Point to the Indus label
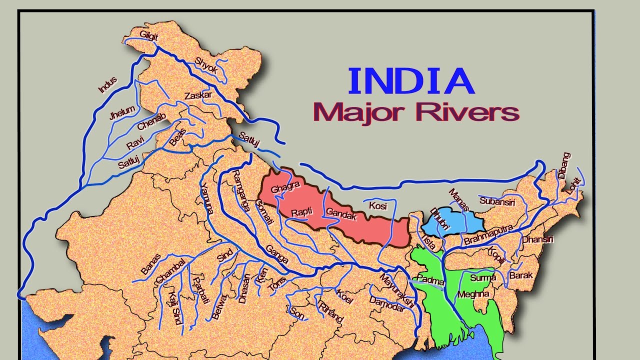[107, 84]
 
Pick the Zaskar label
[198, 95]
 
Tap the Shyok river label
[206, 65]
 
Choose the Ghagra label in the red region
[285, 188]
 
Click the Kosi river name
[378, 205]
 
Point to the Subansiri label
[496, 201]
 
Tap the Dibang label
[563, 165]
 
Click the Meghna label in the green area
[473, 294]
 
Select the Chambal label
[171, 270]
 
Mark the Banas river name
[151, 264]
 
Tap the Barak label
[521, 275]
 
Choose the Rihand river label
[331, 312]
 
